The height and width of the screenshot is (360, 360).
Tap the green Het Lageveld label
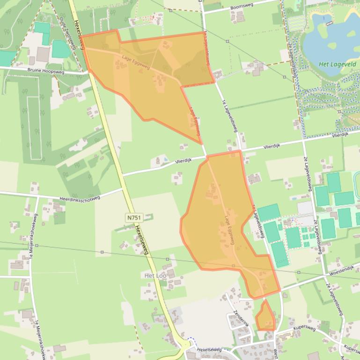[337, 65]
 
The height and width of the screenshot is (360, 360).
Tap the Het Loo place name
[155, 276]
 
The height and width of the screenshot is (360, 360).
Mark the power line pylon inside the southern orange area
[234, 266]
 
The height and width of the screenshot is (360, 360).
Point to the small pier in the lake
[330, 22]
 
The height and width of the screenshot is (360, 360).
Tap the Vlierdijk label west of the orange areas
[184, 160]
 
